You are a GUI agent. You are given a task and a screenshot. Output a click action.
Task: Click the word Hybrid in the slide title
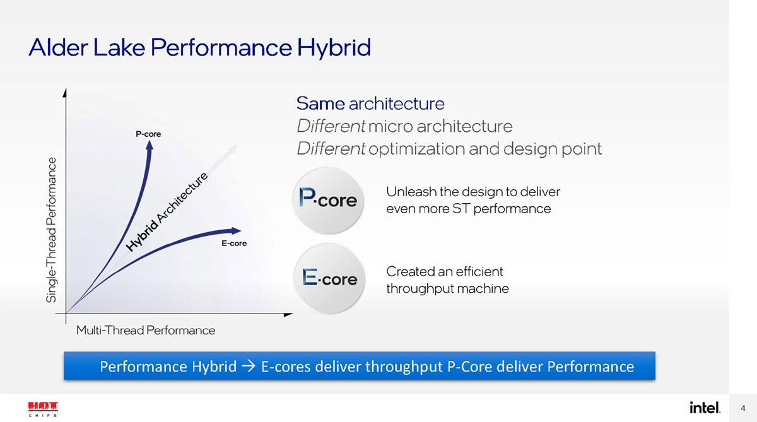(334, 48)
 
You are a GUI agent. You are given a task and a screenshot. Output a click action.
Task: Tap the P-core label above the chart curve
(148, 134)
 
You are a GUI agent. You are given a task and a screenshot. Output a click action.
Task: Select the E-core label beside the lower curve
(234, 243)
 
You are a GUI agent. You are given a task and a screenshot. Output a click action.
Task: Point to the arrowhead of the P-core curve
(150, 145)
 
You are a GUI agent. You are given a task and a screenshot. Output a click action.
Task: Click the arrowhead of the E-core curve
(236, 231)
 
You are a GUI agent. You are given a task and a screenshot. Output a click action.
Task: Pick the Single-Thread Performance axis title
(51, 230)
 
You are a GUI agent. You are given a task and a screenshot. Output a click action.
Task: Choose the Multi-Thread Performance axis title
(145, 330)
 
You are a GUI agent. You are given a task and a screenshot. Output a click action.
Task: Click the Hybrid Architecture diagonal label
(167, 212)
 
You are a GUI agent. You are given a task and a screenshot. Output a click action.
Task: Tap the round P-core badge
(328, 201)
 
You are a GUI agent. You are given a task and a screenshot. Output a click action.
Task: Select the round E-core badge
(329, 278)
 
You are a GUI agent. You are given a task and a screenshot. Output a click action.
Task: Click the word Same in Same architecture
(320, 103)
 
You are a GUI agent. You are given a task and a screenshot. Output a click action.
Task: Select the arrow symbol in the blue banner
(249, 366)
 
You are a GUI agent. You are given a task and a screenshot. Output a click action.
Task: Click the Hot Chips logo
(43, 409)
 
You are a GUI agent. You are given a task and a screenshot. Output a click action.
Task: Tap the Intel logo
(705, 407)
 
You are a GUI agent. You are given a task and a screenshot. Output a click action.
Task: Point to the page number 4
(743, 408)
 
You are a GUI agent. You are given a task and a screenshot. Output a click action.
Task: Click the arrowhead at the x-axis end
(288, 315)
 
